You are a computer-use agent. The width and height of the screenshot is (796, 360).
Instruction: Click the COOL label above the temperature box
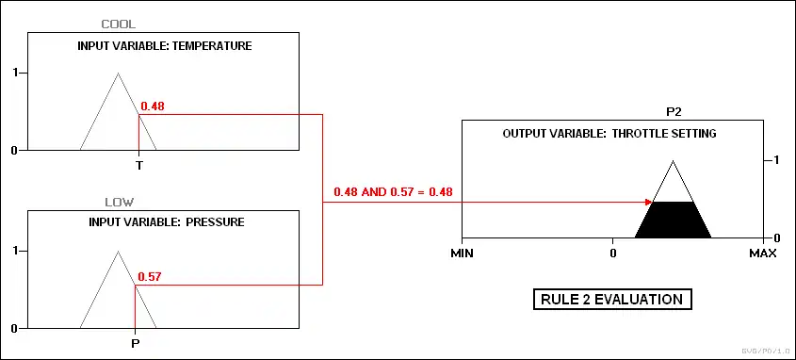point(119,24)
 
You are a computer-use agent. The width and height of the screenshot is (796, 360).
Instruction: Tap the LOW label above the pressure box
point(120,202)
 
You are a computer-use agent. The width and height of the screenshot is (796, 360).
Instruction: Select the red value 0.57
point(150,277)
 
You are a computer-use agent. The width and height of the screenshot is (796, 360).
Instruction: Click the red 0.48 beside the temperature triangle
point(153,106)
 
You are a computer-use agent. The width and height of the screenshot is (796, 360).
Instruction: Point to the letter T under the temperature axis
point(138,166)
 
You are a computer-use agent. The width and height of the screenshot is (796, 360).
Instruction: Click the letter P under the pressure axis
point(135,344)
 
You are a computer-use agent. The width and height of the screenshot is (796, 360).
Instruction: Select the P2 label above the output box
point(674,112)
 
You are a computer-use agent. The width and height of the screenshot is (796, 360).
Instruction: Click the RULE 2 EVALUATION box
point(612,299)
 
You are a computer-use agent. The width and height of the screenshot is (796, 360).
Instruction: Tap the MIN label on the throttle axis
point(462,253)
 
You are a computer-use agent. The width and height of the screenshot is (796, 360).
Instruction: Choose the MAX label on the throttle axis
point(763,253)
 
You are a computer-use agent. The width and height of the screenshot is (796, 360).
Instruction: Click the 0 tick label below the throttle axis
point(612,253)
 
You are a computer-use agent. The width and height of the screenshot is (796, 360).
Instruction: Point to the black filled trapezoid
point(674,220)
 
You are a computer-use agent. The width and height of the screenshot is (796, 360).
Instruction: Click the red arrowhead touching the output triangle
point(648,202)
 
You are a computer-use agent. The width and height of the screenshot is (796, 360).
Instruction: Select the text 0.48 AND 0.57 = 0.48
point(393,192)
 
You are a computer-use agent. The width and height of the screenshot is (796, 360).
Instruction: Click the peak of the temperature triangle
point(119,74)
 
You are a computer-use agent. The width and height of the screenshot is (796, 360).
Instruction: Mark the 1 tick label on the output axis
point(775,160)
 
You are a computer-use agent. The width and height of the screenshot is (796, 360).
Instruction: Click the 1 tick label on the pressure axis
point(16,251)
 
